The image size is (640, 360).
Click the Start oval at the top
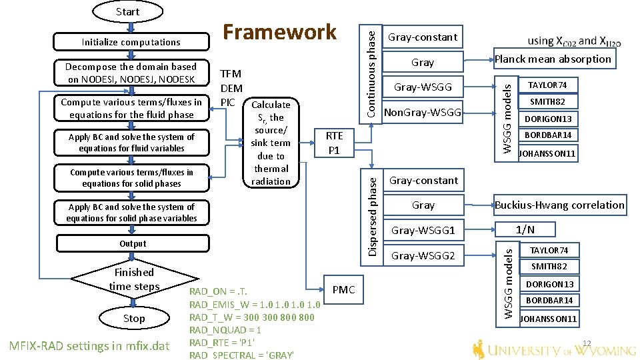127,11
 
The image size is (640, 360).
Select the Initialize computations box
131,42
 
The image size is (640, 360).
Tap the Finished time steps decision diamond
134,279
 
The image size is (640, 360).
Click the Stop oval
134,319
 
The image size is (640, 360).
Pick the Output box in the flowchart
133,243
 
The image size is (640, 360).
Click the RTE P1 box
334,143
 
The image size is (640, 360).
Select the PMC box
343,289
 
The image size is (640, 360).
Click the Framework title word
279,31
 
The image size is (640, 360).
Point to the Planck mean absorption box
553,59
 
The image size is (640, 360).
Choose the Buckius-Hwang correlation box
559,205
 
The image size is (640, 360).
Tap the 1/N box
525,230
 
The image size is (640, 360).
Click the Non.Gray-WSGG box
423,113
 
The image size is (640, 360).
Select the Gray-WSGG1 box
423,231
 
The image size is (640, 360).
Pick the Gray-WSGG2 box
423,255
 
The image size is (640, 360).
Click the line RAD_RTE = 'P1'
222,343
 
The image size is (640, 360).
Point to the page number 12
587,343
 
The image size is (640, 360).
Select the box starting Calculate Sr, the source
271,143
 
